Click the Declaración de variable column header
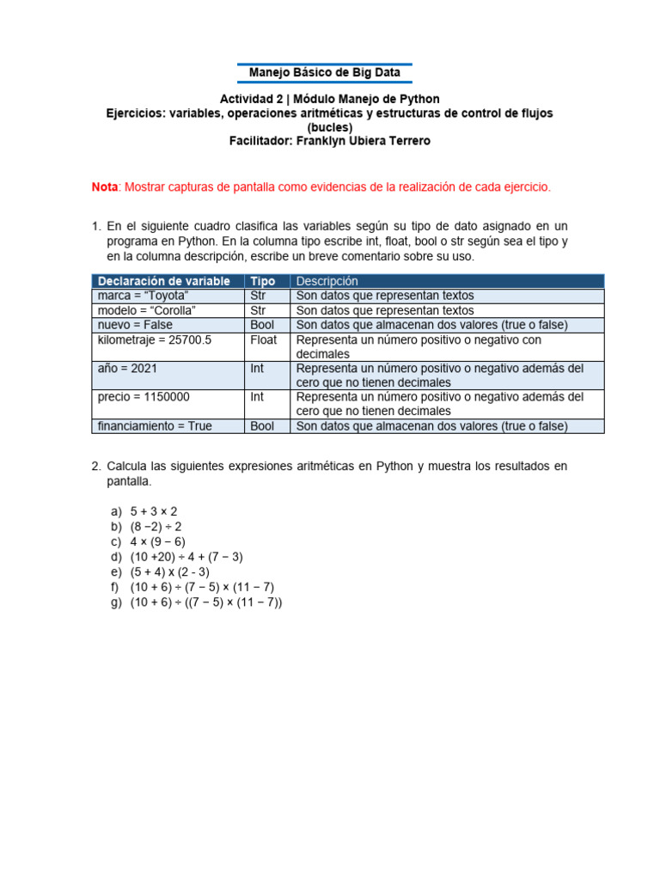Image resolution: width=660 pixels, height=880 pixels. click(163, 281)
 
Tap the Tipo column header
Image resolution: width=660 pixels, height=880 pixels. click(262, 281)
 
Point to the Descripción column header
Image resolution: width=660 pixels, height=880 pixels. click(327, 281)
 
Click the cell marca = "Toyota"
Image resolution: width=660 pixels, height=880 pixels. click(144, 296)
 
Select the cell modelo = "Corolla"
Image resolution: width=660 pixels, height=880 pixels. click(147, 310)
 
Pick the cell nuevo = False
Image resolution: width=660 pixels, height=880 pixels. click(135, 325)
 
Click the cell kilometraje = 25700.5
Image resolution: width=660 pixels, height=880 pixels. click(155, 339)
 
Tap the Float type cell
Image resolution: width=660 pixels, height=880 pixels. click(263, 339)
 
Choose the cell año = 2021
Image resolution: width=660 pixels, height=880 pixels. click(127, 368)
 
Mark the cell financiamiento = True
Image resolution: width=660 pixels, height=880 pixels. click(155, 425)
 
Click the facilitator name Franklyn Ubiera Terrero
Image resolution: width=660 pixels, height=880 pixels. click(363, 140)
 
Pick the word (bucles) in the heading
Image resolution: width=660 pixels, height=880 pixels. click(329, 126)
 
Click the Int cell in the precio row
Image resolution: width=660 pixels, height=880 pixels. click(257, 397)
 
